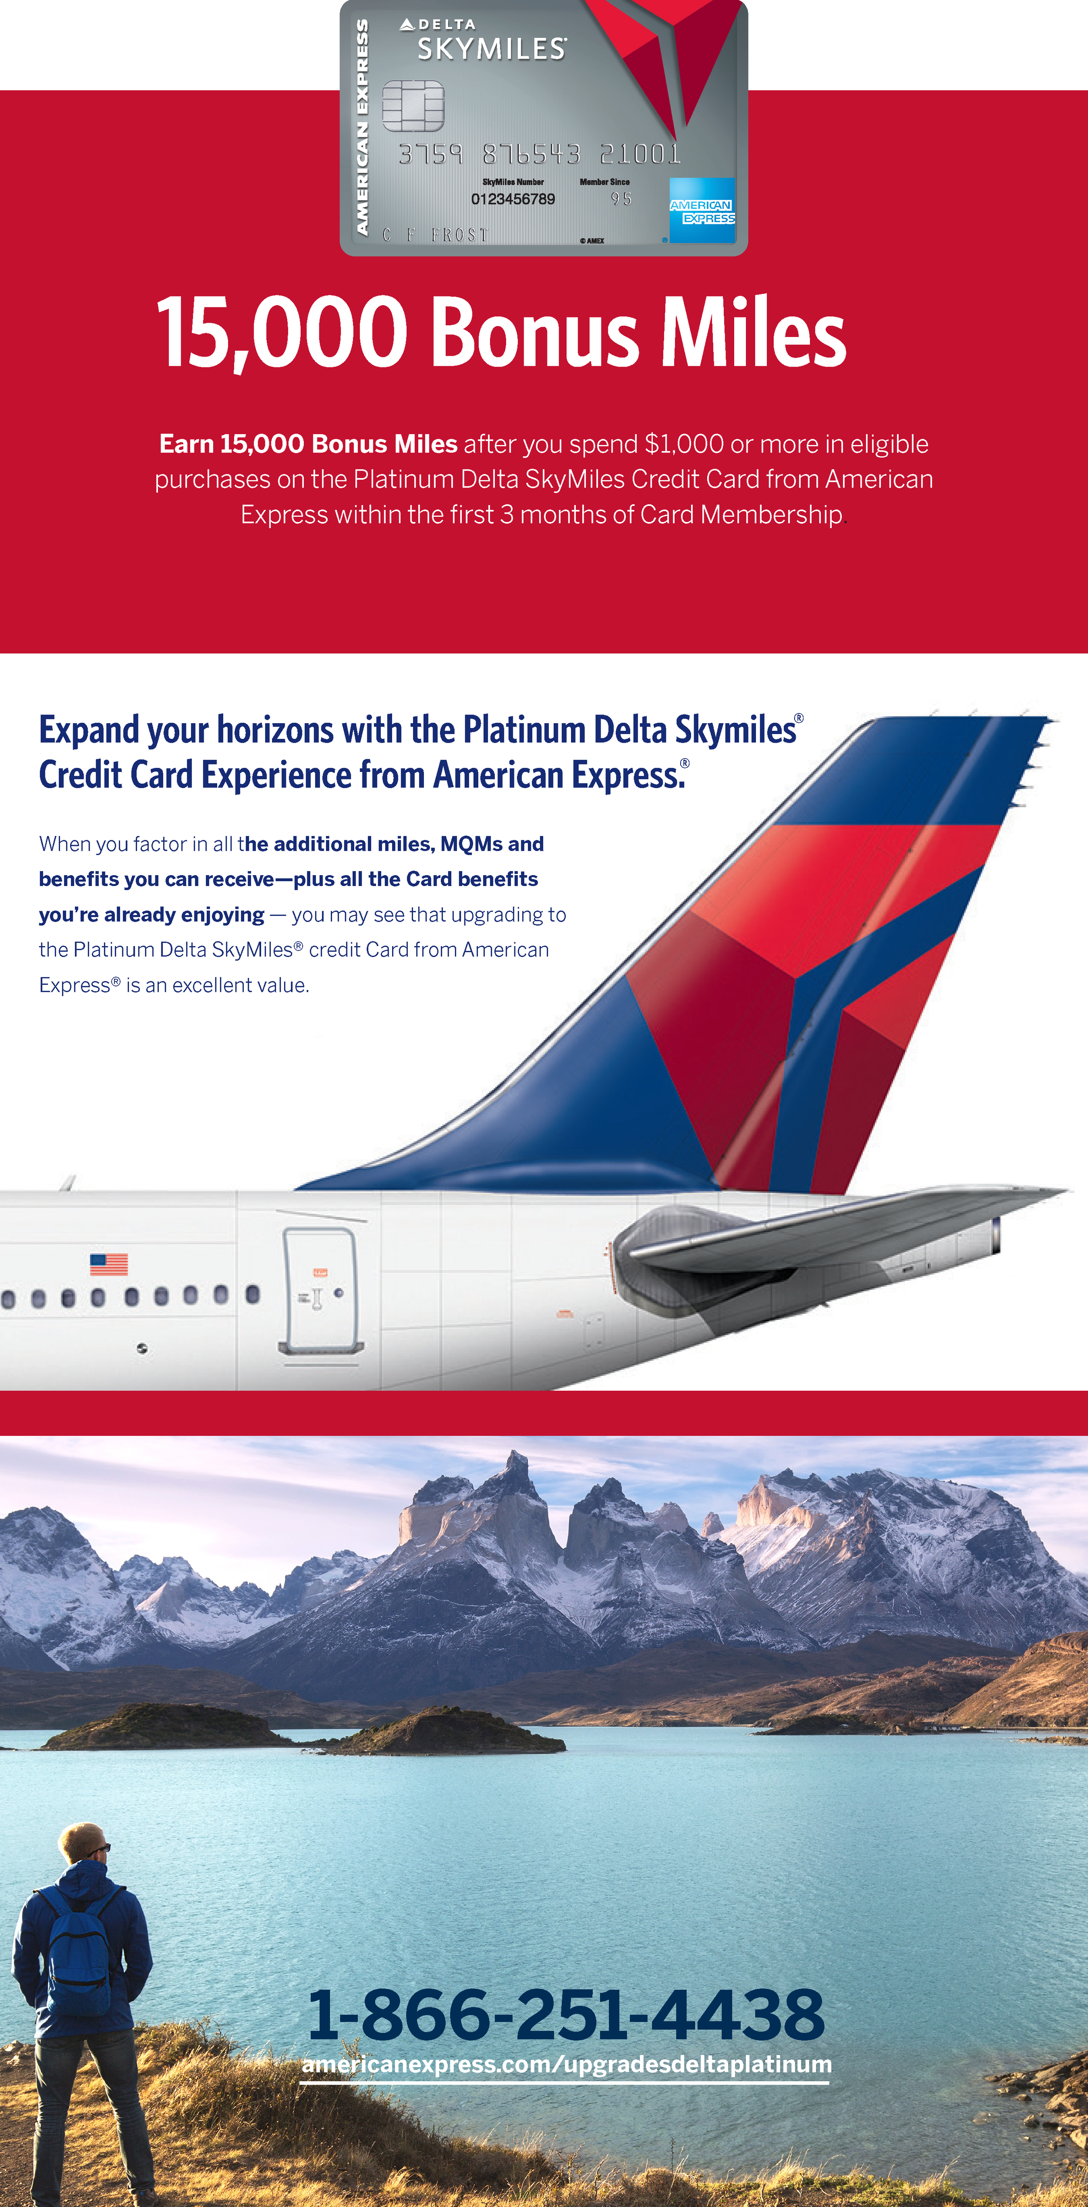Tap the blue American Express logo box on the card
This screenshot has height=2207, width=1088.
[x=702, y=210]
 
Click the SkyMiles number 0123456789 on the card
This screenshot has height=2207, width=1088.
[x=512, y=199]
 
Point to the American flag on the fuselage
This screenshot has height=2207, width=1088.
[x=109, y=1264]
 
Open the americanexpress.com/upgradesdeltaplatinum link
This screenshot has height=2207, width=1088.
[x=565, y=2065]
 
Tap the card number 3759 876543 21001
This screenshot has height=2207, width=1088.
[x=540, y=154]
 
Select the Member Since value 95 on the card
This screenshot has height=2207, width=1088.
[x=621, y=199]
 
